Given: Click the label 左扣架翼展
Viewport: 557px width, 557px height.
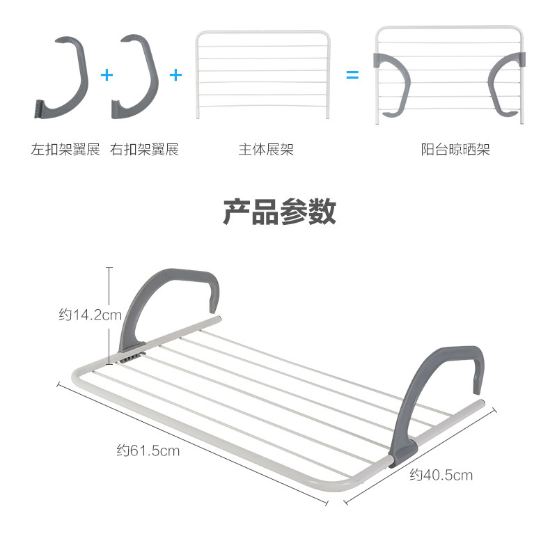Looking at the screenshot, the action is [65, 149].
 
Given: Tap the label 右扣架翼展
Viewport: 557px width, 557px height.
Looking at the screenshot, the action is [145, 149].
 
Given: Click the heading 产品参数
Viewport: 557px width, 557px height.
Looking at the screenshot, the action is [279, 211].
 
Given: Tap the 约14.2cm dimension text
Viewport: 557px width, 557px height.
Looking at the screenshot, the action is [89, 315].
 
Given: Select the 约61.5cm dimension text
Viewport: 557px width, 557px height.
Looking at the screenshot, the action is [148, 450].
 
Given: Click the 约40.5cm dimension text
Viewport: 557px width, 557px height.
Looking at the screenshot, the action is [441, 476].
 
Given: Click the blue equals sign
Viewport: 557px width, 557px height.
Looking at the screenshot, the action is [353, 74].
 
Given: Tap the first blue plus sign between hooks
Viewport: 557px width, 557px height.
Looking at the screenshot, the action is [106, 74].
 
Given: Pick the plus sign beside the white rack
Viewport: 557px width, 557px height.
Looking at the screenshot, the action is [175, 74].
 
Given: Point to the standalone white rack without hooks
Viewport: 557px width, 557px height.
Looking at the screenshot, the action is [262, 73].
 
